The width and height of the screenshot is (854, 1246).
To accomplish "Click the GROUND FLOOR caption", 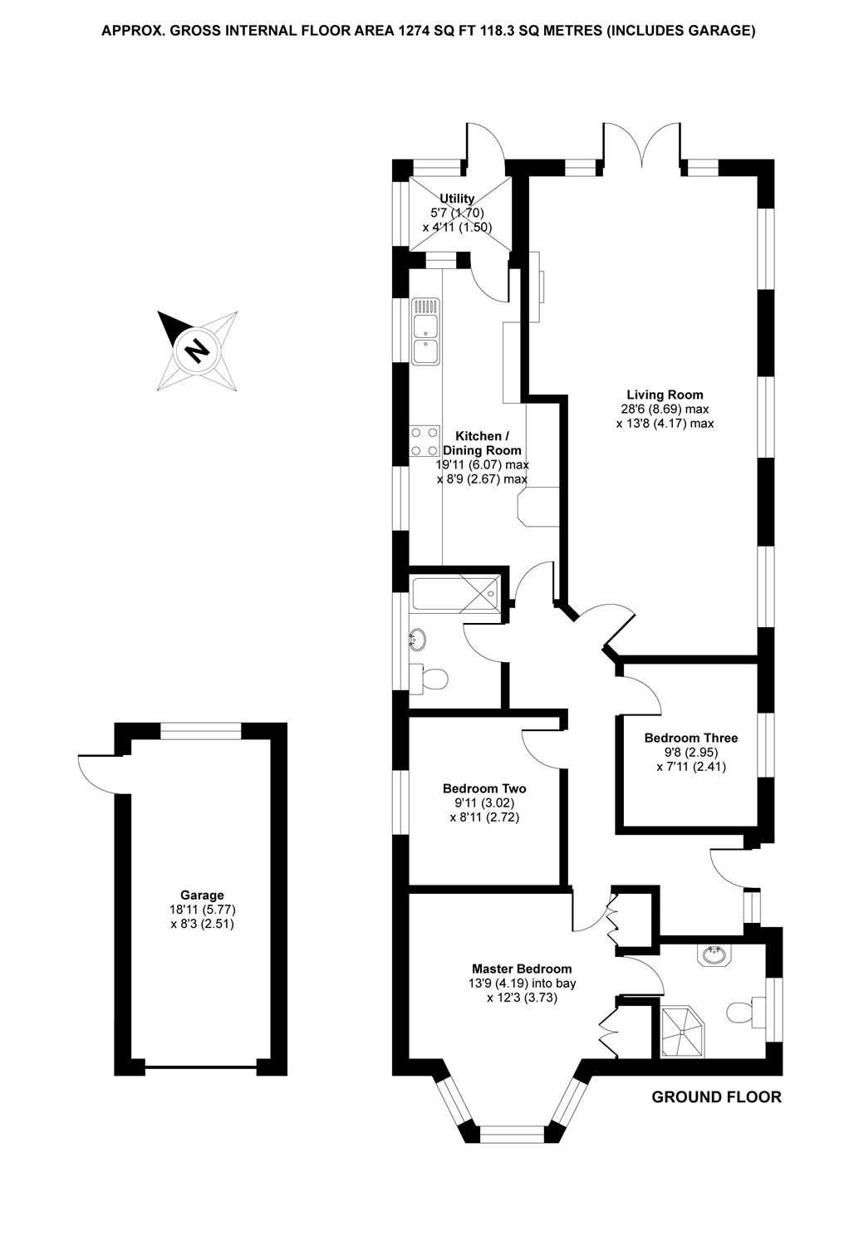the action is (x=716, y=1097).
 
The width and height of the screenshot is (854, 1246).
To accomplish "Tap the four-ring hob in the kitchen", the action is (x=425, y=440).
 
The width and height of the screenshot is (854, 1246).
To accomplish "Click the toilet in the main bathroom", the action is (x=430, y=679).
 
